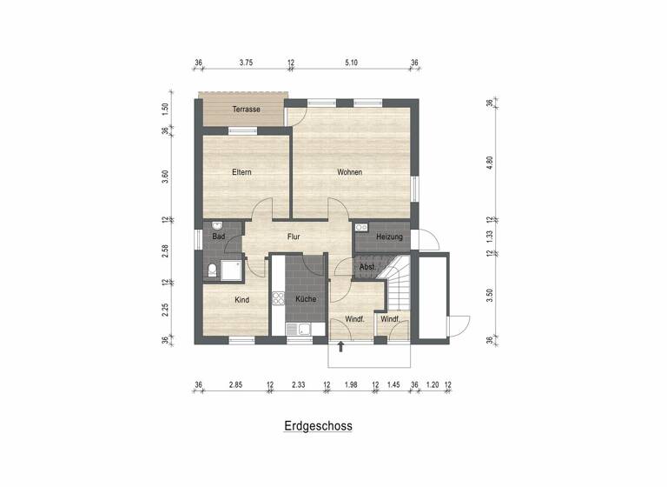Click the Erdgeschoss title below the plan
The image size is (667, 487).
317,427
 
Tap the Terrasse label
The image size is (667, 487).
246,110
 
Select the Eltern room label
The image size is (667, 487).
241,172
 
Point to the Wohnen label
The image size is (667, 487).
349,172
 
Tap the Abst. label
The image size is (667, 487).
367,267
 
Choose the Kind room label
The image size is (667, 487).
241,300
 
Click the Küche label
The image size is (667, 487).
305,300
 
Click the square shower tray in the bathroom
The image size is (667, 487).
231,270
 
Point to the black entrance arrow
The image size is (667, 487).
340,347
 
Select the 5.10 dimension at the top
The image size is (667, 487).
351,63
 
